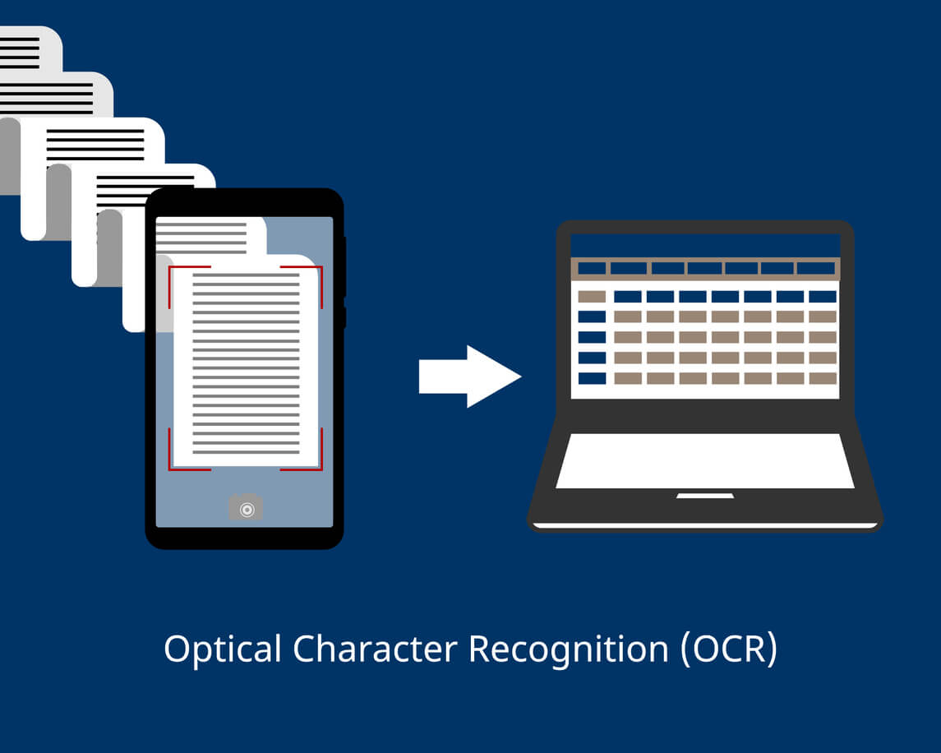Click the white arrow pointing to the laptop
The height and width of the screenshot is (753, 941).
pyautogui.click(x=470, y=376)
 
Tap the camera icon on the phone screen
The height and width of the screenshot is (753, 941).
pyautogui.click(x=246, y=508)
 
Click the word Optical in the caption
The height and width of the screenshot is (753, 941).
pyautogui.click(x=223, y=649)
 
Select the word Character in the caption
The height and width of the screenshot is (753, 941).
pyautogui.click(x=375, y=649)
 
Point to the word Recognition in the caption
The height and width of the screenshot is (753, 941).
pyautogui.click(x=569, y=649)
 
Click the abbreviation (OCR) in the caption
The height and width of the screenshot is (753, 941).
pyautogui.click(x=729, y=649)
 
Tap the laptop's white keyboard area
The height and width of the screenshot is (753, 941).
pyautogui.click(x=705, y=460)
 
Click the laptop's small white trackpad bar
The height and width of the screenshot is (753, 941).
pyautogui.click(x=705, y=496)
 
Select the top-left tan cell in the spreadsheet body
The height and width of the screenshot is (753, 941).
pyautogui.click(x=592, y=296)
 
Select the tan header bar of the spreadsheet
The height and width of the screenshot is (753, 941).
pyautogui.click(x=705, y=268)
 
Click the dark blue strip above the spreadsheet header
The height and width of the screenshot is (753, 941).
pyautogui.click(x=705, y=246)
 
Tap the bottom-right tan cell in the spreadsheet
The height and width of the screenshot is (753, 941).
pyautogui.click(x=823, y=378)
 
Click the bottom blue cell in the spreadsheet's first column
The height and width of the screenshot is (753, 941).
pyautogui.click(x=592, y=378)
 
